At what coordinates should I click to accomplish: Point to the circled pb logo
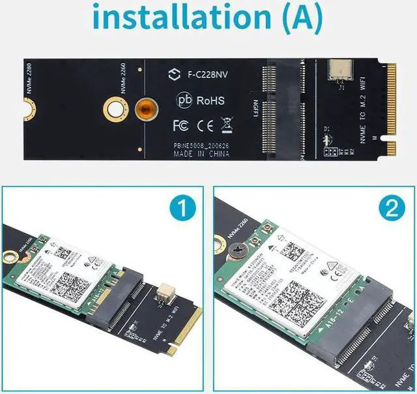pos(184,100)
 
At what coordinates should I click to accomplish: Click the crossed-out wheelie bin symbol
pos(227,123)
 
